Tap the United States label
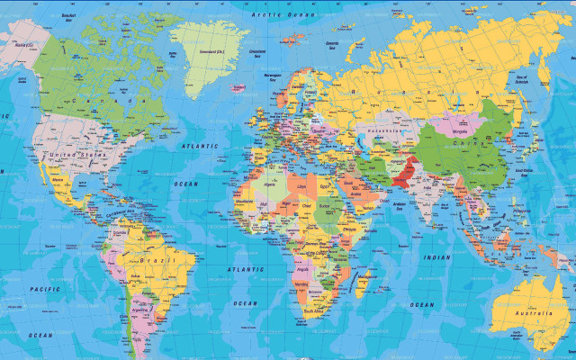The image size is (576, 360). point(76,155)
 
